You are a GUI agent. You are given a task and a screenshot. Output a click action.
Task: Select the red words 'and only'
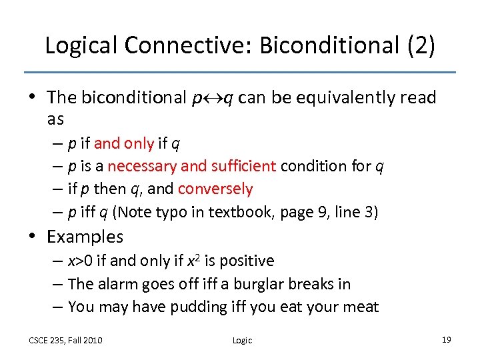click(x=124, y=143)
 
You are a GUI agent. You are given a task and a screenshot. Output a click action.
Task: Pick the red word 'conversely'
click(x=215, y=189)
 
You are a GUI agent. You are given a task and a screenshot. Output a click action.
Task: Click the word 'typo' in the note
click(x=176, y=212)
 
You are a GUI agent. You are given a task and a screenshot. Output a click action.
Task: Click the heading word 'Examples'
click(x=85, y=237)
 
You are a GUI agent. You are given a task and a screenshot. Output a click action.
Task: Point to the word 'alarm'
click(x=118, y=284)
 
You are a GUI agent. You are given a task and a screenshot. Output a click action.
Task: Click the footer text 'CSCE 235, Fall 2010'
click(x=65, y=341)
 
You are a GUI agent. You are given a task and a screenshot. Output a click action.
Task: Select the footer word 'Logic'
click(x=242, y=341)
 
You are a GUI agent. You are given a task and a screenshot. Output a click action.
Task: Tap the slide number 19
click(x=446, y=340)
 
